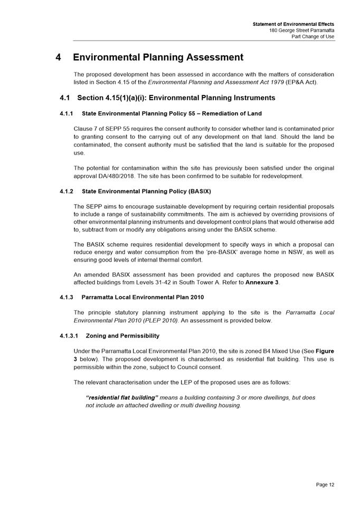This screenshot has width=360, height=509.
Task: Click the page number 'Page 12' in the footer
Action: [325, 484]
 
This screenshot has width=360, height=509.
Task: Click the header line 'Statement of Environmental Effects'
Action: [293, 24]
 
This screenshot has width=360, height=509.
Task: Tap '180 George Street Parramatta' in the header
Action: [301, 31]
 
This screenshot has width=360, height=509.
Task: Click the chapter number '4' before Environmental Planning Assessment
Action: [59, 57]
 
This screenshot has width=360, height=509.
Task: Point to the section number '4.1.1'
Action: [68, 113]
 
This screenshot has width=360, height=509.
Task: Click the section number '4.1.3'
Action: [68, 297]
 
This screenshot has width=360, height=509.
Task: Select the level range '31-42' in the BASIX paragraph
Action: [175, 282]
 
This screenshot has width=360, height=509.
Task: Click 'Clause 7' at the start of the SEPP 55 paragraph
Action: [86, 129]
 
